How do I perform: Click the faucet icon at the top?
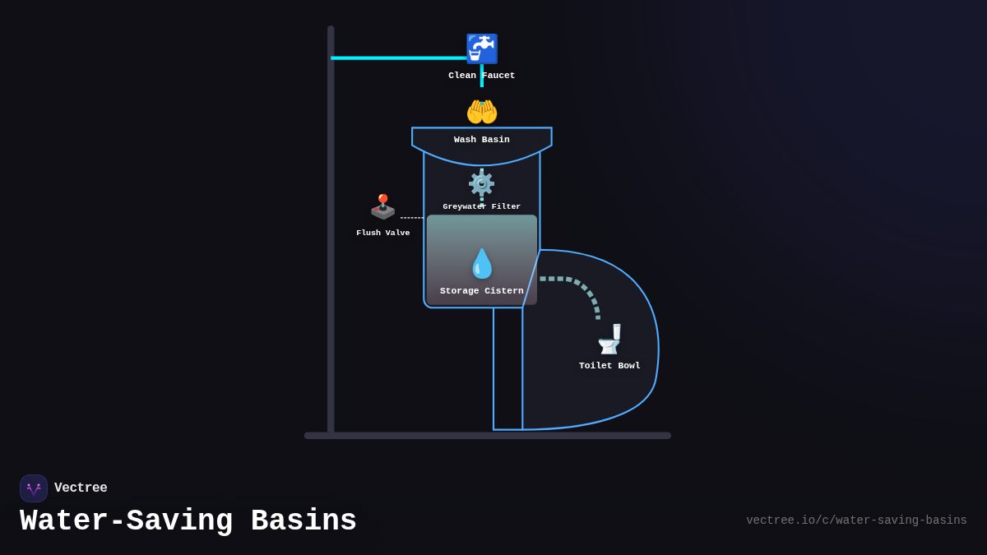pyautogui.click(x=481, y=49)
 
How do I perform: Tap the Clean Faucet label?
pyautogui.click(x=481, y=76)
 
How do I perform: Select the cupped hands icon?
pyautogui.click(x=481, y=112)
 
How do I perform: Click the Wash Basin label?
pyautogui.click(x=481, y=140)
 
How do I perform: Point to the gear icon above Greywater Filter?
pyautogui.click(x=481, y=183)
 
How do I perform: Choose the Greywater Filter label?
pyautogui.click(x=481, y=207)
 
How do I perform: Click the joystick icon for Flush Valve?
pyautogui.click(x=382, y=206)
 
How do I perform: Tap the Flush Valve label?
pyautogui.click(x=382, y=234)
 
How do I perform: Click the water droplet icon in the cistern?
pyautogui.click(x=481, y=264)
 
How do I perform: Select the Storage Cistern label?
pyautogui.click(x=481, y=291)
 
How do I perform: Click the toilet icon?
pyautogui.click(x=609, y=339)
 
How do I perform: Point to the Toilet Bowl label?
pyautogui.click(x=609, y=366)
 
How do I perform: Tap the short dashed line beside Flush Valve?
pyautogui.click(x=412, y=218)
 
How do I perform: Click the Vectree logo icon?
pyautogui.click(x=34, y=488)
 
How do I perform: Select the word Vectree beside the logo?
pyautogui.click(x=81, y=488)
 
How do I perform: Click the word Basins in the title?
pyautogui.click(x=304, y=521)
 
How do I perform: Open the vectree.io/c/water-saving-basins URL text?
pyautogui.click(x=856, y=520)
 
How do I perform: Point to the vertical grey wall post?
pyautogui.click(x=331, y=247)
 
